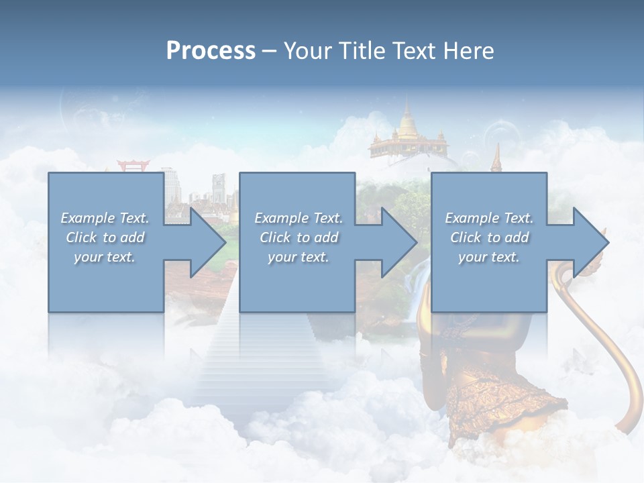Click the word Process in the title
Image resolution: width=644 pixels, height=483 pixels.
coord(211,51)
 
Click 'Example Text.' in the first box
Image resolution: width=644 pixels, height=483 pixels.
coord(105,218)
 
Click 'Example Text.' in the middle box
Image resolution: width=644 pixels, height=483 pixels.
coord(299,218)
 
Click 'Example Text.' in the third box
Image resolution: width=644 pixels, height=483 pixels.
coord(489,218)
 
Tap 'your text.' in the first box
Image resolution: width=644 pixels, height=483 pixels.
coord(105,257)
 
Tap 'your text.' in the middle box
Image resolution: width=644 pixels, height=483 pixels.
coord(299,257)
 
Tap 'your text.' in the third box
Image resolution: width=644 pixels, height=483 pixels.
coord(489,257)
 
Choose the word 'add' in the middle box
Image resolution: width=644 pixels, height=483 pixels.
coord(325,237)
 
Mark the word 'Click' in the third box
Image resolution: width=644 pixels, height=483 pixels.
coord(466,237)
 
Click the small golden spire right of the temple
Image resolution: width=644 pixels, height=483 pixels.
coord(496,158)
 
